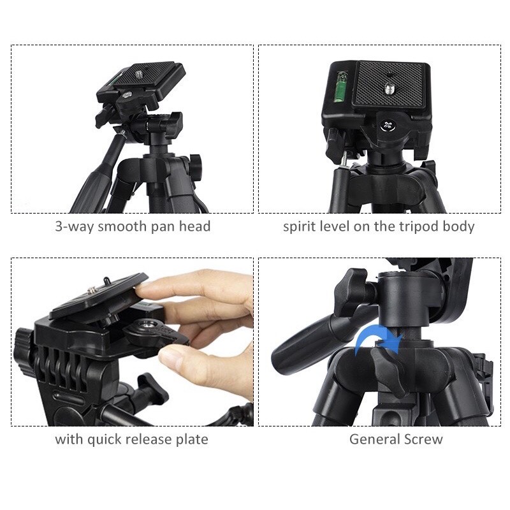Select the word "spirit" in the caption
click(300, 227)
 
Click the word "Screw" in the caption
click(423, 439)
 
